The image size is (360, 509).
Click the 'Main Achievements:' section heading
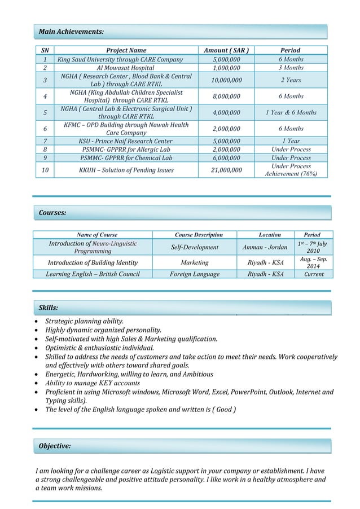(71, 32)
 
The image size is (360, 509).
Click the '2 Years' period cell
(291, 80)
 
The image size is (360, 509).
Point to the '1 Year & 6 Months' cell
(291, 112)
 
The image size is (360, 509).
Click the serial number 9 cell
(45, 159)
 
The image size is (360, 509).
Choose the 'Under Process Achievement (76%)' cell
(291, 170)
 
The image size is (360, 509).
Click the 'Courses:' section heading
(52, 213)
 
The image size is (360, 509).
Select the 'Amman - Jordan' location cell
(269, 247)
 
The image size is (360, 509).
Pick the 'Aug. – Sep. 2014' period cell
(312, 262)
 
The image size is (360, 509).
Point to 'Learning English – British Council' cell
(93, 274)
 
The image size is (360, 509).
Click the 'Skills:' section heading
(49, 308)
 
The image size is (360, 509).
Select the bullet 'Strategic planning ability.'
(93, 321)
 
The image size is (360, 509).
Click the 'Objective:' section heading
(55, 446)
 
